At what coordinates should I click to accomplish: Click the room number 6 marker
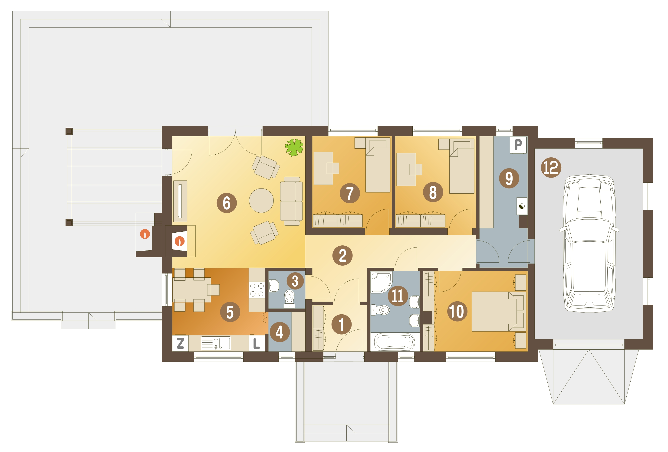point(227,203)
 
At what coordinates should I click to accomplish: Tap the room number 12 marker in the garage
point(551,167)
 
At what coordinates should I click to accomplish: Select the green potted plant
point(294,147)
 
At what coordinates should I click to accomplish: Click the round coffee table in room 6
point(261,200)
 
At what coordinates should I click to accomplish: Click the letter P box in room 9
point(518,145)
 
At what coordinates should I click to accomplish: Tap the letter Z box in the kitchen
point(180,343)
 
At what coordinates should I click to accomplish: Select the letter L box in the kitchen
point(256,343)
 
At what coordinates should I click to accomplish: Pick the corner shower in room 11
point(381,282)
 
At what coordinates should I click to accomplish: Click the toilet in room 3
point(289,298)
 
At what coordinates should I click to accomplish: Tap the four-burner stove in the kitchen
point(257,290)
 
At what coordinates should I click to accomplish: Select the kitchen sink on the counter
point(216,343)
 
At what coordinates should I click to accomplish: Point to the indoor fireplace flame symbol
point(180,241)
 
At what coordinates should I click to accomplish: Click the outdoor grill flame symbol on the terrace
point(145,234)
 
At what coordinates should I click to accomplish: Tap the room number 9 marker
point(509,178)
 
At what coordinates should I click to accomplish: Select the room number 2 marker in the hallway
point(342,255)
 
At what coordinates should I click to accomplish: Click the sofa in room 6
point(291,201)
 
